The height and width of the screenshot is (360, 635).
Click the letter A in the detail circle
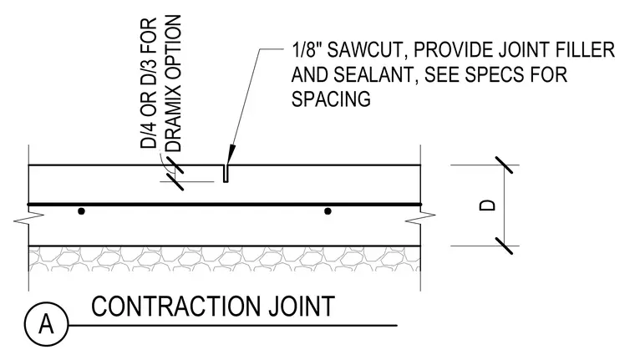[x=46, y=324]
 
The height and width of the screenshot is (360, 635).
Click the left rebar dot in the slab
[x=81, y=211]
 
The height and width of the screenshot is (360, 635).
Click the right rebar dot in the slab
[x=328, y=211]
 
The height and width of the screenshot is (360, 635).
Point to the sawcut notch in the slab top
[x=226, y=174]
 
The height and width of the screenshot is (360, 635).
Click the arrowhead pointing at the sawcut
[x=230, y=154]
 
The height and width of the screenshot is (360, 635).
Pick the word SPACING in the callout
[x=331, y=99]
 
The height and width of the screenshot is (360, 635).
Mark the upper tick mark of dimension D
[x=503, y=165]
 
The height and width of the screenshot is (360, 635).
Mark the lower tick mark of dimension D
[x=503, y=246]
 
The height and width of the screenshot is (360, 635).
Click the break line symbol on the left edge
[x=28, y=219]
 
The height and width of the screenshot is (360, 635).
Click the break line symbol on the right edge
[x=421, y=219]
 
